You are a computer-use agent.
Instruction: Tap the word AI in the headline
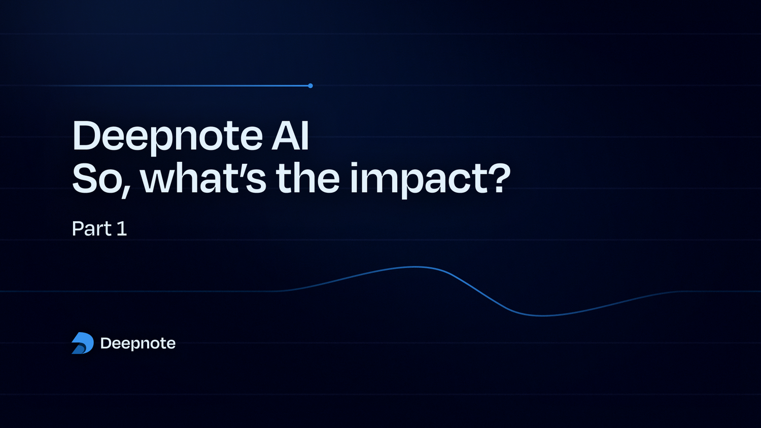[290, 135]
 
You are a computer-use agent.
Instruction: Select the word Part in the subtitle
[91, 229]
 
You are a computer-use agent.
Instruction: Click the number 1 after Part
[122, 229]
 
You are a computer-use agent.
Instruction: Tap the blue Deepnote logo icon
[83, 343]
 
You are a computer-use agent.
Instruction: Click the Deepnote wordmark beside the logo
[138, 343]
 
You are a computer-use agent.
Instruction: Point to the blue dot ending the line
[310, 86]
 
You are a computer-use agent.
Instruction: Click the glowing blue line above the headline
[203, 86]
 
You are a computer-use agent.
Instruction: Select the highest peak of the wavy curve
[415, 267]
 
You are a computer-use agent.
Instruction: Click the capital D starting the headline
[87, 135]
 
